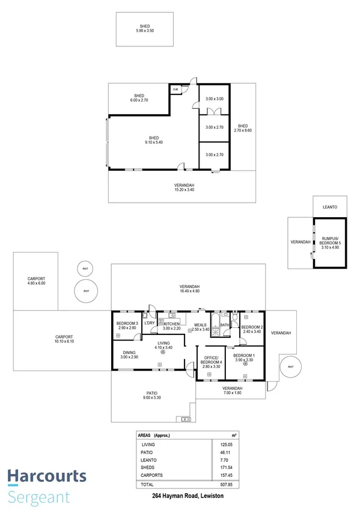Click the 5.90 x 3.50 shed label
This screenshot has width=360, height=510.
pyautogui.click(x=144, y=28)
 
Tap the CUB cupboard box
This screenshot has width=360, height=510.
pyautogui.click(x=176, y=90)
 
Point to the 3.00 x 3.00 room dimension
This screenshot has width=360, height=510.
pyautogui.click(x=214, y=99)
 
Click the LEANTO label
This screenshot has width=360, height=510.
pyautogui.click(x=329, y=207)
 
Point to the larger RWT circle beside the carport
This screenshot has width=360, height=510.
pyautogui.click(x=86, y=292)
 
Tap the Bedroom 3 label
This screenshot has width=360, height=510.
pyautogui.click(x=127, y=326)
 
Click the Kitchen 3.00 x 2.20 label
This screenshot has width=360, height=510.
pyautogui.click(x=167, y=326)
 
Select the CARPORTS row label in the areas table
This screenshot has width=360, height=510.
pyautogui.click(x=150, y=475)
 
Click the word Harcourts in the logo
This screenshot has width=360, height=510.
pyautogui.click(x=47, y=477)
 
